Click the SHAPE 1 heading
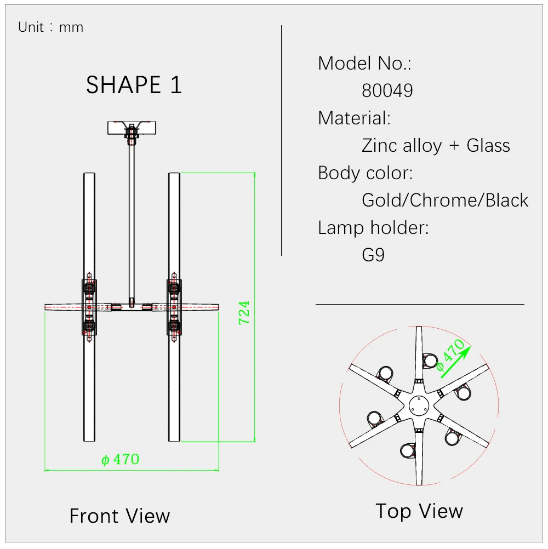[x=134, y=85]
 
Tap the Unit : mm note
[x=51, y=27]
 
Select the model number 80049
[x=387, y=91]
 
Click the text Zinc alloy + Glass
[x=436, y=146]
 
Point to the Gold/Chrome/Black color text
[x=445, y=201]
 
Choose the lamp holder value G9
[x=373, y=255]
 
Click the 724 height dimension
[x=244, y=313]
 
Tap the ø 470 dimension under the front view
[x=120, y=459]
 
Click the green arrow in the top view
[x=455, y=362]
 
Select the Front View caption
[x=120, y=516]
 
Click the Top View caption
[x=419, y=511]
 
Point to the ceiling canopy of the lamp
[x=132, y=128]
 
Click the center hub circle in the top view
[x=419, y=406]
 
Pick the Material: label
[x=354, y=118]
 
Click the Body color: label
[x=365, y=173]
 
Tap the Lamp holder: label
[x=373, y=227]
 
